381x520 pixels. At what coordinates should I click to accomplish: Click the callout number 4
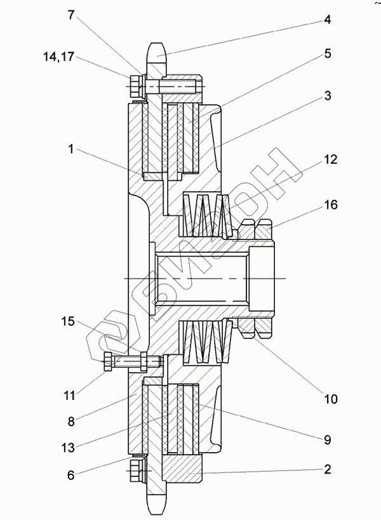(x=327, y=20)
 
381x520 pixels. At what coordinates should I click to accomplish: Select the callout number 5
(x=328, y=53)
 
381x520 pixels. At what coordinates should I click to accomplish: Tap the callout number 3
(x=327, y=95)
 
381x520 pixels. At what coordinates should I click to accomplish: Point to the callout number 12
(x=330, y=159)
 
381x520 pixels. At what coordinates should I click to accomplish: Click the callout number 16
(x=330, y=204)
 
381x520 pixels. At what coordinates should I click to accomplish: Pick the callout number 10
(x=330, y=399)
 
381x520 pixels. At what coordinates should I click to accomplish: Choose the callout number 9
(x=327, y=440)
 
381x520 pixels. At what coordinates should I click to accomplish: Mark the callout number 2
(x=327, y=469)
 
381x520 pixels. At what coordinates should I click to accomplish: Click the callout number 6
(x=71, y=475)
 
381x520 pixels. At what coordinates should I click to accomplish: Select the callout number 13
(x=68, y=448)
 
